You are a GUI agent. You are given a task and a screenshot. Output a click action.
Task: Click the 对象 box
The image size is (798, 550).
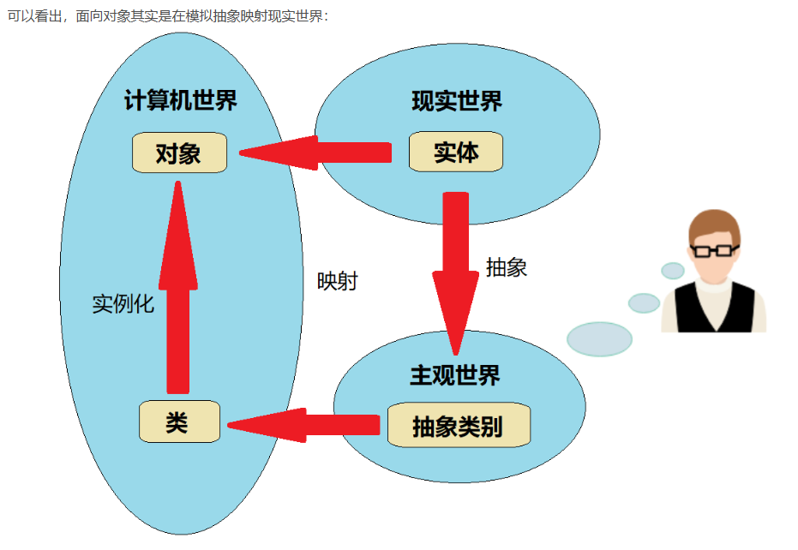pyautogui.click(x=179, y=153)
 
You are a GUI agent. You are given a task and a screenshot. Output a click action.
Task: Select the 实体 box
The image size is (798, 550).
pyautogui.click(x=455, y=152)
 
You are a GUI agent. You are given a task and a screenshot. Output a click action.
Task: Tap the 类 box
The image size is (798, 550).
pyautogui.click(x=179, y=421)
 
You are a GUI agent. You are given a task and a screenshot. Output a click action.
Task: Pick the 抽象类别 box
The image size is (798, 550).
pyautogui.click(x=458, y=426)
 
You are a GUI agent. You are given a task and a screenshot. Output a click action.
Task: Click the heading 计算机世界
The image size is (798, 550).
pyautogui.click(x=180, y=101)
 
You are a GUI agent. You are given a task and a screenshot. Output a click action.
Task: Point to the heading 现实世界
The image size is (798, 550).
pyautogui.click(x=456, y=101)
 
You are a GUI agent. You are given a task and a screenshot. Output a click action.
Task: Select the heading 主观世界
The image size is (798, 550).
pyautogui.click(x=454, y=375)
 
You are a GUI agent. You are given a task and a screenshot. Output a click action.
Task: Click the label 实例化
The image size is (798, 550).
pyautogui.click(x=123, y=304)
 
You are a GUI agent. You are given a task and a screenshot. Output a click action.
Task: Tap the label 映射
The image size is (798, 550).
pyautogui.click(x=337, y=281)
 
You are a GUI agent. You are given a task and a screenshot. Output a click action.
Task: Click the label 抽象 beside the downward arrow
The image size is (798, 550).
pyautogui.click(x=506, y=267)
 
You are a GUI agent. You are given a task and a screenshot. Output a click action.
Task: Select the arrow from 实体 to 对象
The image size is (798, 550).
pyautogui.click(x=317, y=152)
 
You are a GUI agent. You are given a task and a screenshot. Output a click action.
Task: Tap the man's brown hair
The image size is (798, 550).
pyautogui.click(x=713, y=224)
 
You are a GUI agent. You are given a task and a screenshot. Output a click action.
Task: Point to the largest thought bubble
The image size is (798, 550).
pyautogui.click(x=599, y=339)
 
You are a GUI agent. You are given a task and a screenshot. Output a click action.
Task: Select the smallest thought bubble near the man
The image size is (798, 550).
pyautogui.click(x=673, y=271)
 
